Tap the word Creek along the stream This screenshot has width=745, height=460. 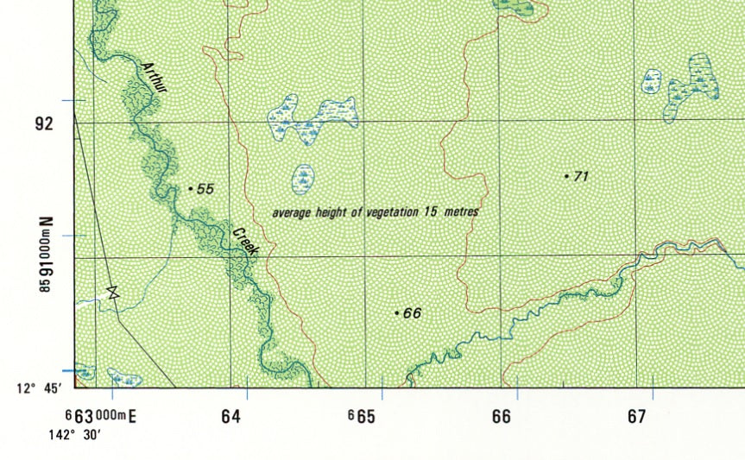(x=245, y=241)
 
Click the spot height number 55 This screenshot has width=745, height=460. (x=205, y=189)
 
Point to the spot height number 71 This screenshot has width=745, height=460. (x=581, y=176)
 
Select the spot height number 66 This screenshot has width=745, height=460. (x=413, y=312)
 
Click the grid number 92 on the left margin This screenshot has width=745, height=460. (x=44, y=124)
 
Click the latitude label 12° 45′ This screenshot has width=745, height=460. (x=39, y=389)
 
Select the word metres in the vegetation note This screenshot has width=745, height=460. (x=461, y=211)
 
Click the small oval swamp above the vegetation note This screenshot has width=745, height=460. (x=303, y=180)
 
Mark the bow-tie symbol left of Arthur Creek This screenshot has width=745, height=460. (x=111, y=293)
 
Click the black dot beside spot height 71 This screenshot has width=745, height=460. (x=566, y=176)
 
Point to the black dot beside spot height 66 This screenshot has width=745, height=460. (x=396, y=312)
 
